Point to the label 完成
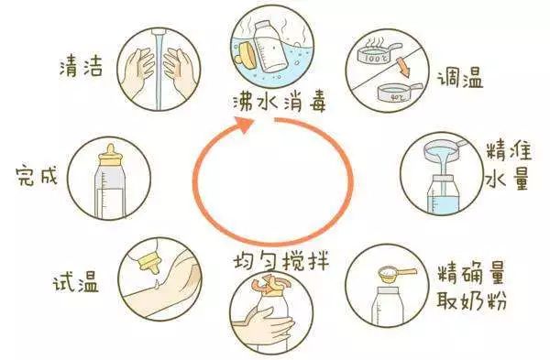(x=37, y=175)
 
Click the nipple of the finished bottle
(x=112, y=150)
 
